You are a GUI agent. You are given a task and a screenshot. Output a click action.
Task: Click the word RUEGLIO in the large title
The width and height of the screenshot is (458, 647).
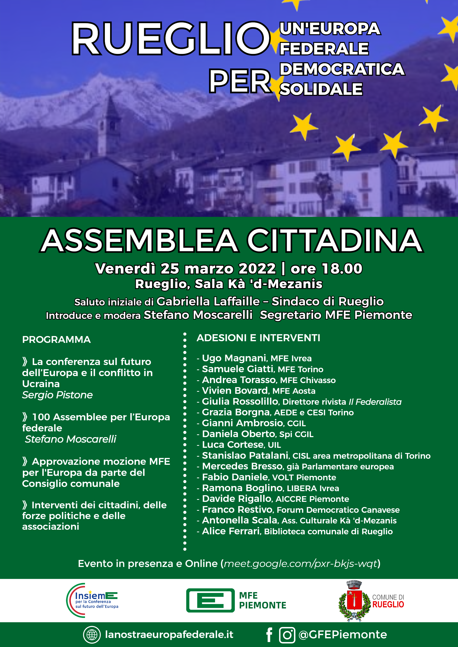coord(171,38)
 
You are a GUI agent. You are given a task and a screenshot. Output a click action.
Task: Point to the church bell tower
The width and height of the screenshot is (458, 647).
coord(109,127)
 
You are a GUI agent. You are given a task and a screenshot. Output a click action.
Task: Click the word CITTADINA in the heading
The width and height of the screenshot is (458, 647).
coord(335,241)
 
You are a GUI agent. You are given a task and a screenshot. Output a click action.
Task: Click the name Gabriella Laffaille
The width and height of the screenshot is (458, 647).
coord(208,302)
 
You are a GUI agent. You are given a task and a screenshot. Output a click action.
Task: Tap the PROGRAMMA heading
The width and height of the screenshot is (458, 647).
coord(56,340)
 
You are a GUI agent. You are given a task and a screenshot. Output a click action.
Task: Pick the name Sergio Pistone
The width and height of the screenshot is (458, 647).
coord(57,395)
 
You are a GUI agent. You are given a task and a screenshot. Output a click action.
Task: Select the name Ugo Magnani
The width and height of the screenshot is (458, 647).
coord(234,358)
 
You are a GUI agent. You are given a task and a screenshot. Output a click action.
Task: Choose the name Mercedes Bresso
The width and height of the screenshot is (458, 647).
coord(242,466)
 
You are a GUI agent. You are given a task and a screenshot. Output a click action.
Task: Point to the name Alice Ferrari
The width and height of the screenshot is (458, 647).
coord(231,531)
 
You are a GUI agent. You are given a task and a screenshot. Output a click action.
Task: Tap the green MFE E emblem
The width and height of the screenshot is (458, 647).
coord(210,600)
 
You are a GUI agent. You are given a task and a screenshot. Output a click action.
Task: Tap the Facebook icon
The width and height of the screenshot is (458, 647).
coord(269,635)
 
